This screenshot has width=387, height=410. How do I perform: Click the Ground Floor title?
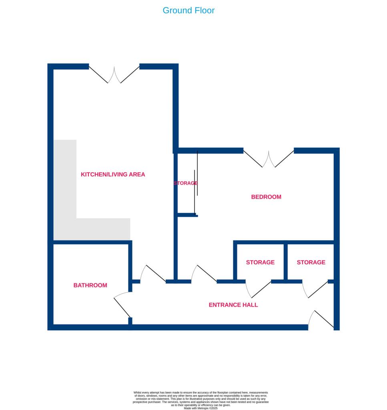pos(188,10)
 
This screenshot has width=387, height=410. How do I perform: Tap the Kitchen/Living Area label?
pos(113,175)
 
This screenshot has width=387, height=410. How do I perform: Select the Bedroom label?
pos(266,197)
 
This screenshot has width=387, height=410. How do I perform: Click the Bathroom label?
pos(90,285)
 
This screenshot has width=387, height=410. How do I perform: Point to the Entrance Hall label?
pos(233,305)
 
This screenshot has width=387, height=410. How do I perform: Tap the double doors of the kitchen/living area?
pos(114,75)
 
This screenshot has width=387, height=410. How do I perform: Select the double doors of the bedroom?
pos(269,159)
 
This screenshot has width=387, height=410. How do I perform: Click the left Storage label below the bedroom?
pos(260,263)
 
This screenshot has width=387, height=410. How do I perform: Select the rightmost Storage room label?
pos(311,263)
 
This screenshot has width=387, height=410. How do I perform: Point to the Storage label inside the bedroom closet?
pos(185,183)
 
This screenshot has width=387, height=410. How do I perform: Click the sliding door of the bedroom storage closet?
pos(196,188)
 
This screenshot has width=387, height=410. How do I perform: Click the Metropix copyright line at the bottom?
pos(201,408)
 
